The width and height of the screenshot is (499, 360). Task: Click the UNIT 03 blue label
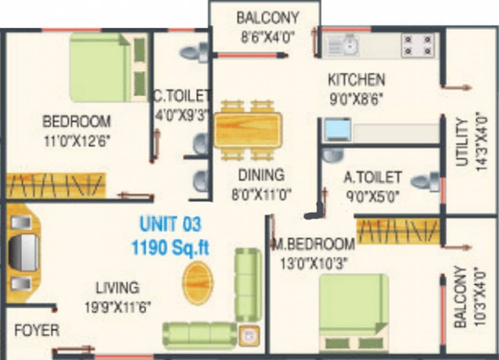(171, 224)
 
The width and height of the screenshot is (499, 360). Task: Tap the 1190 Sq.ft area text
(171, 247)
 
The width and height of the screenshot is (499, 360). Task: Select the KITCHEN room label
(356, 80)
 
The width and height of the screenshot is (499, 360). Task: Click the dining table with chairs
(248, 130)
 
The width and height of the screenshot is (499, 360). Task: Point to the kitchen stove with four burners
(417, 45)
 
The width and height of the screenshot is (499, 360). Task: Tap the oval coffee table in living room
(197, 283)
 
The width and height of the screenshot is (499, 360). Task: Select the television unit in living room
(23, 253)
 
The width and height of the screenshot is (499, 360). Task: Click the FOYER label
(37, 330)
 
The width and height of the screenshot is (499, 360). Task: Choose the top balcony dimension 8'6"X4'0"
(268, 37)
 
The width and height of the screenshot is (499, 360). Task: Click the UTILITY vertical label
(463, 142)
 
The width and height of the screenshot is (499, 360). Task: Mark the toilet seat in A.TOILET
(426, 182)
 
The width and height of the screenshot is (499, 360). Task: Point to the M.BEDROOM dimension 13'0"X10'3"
(313, 264)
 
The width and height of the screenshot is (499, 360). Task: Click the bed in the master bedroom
(354, 312)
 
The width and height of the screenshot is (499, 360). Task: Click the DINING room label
(261, 175)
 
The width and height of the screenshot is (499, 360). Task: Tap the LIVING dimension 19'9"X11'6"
(118, 307)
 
